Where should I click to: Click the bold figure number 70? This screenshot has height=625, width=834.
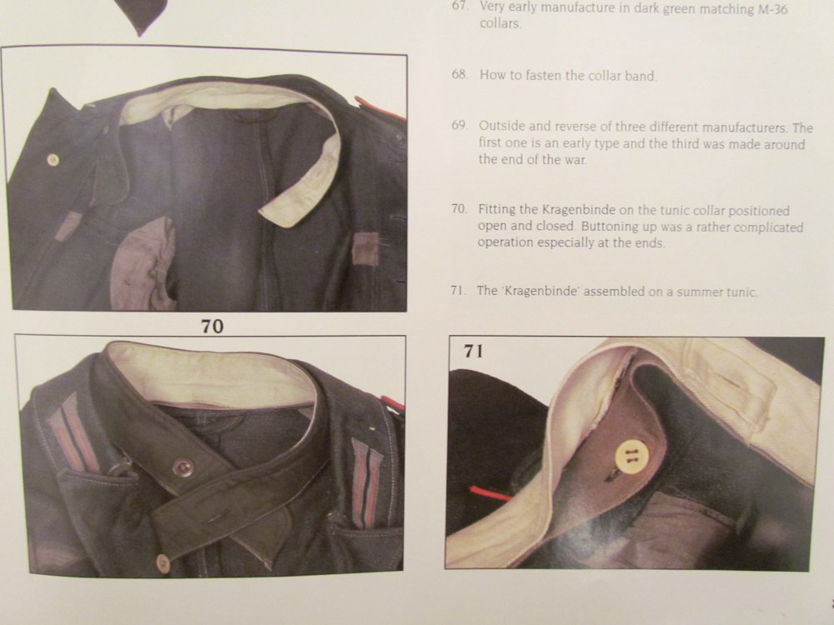(x=212, y=326)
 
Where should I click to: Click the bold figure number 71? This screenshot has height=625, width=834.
(x=474, y=352)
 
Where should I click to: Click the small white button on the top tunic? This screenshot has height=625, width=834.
(x=53, y=159)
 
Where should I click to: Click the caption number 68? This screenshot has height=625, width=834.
(x=460, y=74)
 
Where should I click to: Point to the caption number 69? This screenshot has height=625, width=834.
(x=460, y=126)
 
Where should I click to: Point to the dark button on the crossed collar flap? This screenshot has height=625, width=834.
(x=183, y=467)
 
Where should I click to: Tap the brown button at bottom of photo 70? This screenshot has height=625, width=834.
(x=163, y=562)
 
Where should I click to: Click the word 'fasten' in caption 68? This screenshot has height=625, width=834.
(x=542, y=76)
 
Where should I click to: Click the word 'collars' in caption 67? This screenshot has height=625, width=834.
(x=500, y=24)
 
